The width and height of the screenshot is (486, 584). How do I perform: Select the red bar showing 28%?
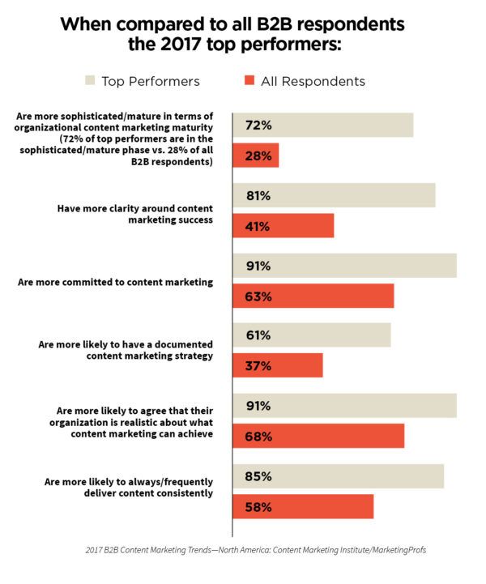point(255,156)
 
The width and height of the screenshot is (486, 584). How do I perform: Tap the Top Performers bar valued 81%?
point(334,195)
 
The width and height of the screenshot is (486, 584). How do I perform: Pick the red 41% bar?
point(283,225)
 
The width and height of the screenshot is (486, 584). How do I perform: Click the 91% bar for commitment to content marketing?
point(344,266)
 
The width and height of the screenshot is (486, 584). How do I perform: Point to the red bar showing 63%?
point(313,296)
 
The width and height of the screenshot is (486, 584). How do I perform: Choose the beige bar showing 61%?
point(311,335)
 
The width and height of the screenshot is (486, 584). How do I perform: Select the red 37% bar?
point(277,365)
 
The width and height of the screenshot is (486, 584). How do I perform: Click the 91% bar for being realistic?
point(344,406)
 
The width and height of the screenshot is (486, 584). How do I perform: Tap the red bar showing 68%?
point(318,436)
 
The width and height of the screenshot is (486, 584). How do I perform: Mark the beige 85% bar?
point(338,476)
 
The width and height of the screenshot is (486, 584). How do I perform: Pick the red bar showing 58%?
point(303,506)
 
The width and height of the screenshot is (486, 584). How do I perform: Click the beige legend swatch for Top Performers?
point(90,81)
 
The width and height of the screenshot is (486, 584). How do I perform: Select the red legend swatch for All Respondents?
point(249,81)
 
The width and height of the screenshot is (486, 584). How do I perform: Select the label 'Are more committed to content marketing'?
point(115,282)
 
